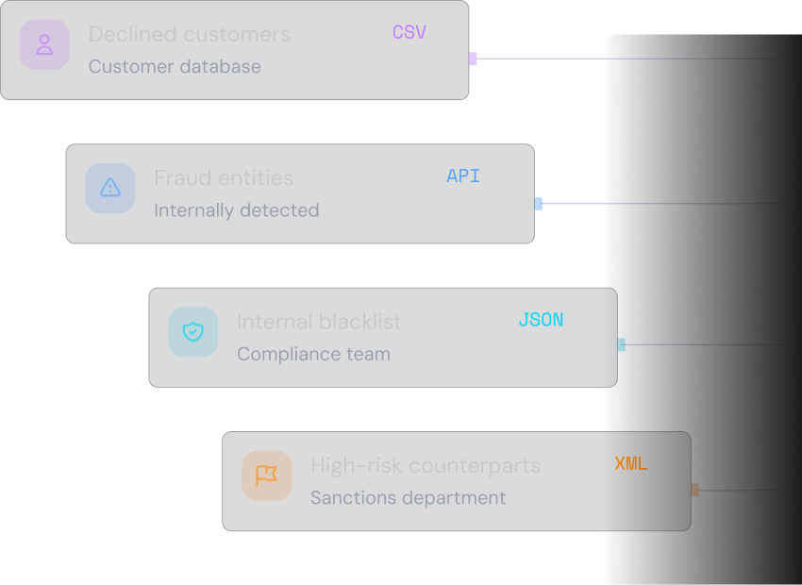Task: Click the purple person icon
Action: pos(44,44)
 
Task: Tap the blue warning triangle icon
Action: pos(110,188)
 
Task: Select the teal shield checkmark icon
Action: pos(192,332)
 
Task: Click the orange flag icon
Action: pos(266,476)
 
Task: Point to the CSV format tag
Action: pos(409,32)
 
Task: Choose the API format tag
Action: pos(463,175)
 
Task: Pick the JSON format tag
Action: pos(541,320)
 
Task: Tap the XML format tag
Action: pos(631,464)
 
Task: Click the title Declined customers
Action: pos(190,34)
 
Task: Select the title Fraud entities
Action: pos(224,178)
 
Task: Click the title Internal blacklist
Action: pos(319,322)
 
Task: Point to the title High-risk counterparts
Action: pos(426,465)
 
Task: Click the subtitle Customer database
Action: pos(175,66)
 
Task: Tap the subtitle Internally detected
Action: pos(237,210)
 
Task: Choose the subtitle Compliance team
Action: pos(313,354)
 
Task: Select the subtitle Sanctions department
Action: pos(409,497)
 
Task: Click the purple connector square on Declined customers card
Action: pos(473,58)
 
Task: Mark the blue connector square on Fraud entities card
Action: pos(539,204)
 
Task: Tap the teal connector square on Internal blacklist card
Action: pos(622,344)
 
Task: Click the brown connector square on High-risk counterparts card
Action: pos(695,490)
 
